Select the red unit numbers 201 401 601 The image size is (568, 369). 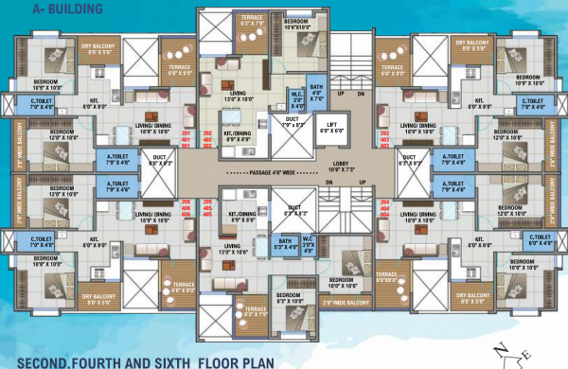coord(211,140)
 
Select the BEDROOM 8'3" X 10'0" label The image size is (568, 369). coord(283,299)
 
